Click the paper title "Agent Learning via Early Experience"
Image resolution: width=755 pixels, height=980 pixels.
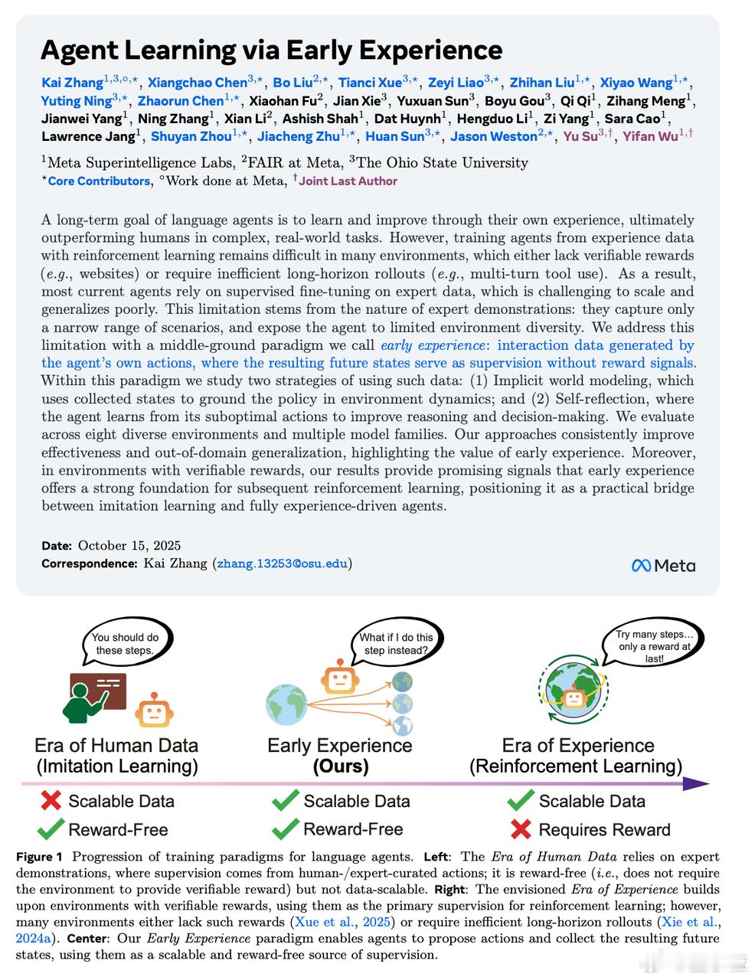271,51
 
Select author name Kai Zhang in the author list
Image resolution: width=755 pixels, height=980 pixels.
72,83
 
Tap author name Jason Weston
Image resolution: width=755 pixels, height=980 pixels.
493,136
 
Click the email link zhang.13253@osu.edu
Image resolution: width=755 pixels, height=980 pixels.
283,563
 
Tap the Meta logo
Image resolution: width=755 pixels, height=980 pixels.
663,566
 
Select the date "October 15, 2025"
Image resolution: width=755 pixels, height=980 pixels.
129,545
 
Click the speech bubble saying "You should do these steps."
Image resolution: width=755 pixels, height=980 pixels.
126,644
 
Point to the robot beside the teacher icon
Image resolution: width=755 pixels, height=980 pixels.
154,711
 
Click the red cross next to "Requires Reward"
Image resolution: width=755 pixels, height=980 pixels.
521,829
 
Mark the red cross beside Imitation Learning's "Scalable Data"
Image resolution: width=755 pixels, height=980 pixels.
51,801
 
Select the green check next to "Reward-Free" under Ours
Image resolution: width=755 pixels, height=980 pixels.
285,829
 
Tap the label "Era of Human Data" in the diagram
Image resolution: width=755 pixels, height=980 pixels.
116,746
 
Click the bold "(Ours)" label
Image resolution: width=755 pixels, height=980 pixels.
340,766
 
